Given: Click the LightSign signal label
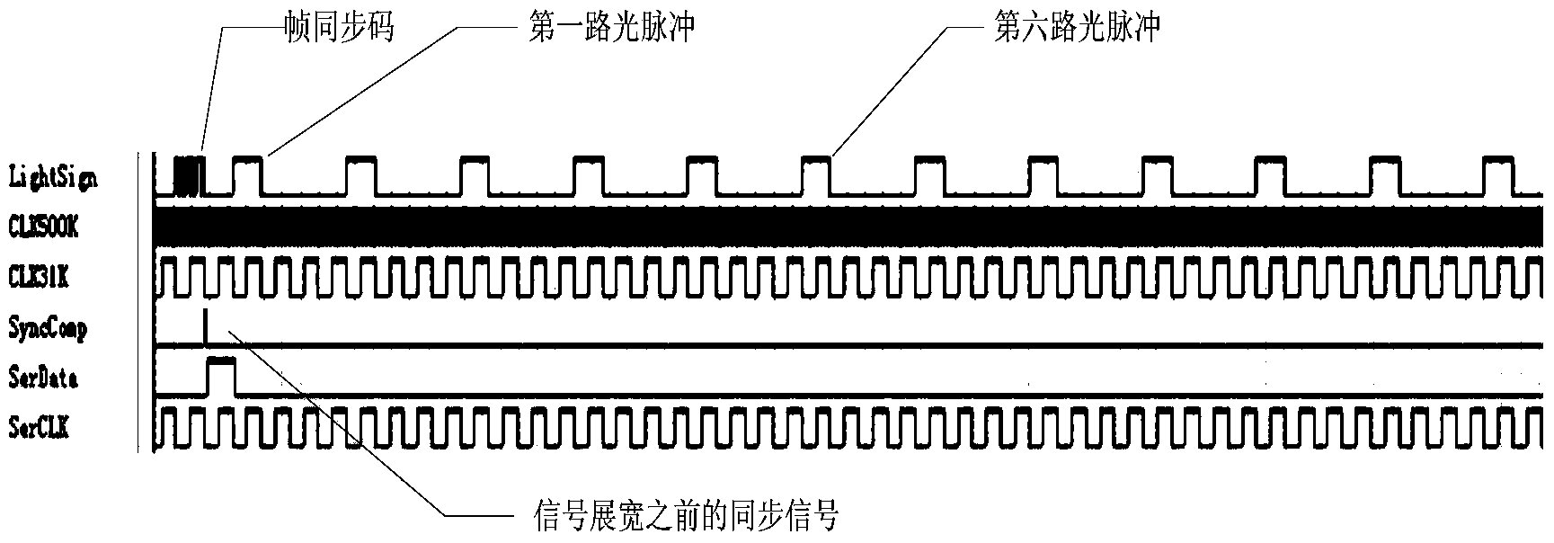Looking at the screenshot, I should coord(52,176).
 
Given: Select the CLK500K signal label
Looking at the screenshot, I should coord(43,227).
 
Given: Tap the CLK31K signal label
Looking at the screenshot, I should coord(38,278).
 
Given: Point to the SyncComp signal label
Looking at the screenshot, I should coord(48,329).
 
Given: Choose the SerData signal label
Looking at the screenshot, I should coord(43,378).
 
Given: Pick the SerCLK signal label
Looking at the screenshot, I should coord(39,429).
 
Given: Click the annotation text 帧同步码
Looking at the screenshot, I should coord(339,28).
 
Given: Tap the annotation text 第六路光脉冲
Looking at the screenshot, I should coord(1077,28).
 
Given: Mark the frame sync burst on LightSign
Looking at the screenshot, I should coord(189,176).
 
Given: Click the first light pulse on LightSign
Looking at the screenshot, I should coord(249,175).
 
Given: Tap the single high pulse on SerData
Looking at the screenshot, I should coord(221,376).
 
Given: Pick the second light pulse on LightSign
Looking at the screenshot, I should coord(362,175).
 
